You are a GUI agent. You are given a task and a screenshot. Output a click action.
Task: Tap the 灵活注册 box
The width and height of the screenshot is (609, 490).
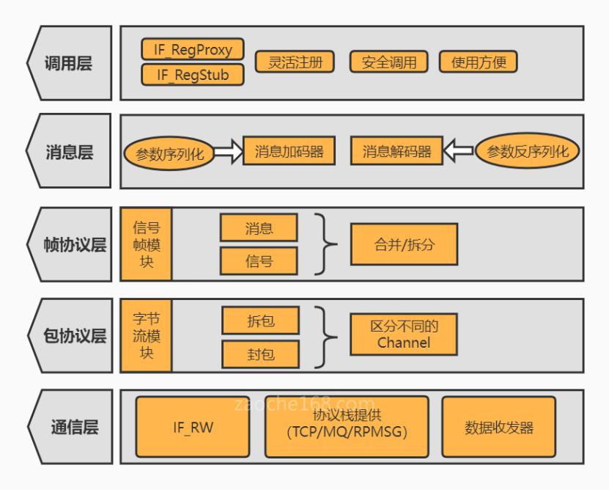tap(294, 62)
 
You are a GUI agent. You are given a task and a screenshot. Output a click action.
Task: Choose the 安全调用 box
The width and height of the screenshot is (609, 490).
tap(388, 62)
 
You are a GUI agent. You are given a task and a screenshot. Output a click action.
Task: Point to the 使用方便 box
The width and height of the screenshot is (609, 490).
tap(479, 62)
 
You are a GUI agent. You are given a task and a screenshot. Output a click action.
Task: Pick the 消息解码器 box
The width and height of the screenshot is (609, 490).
tap(396, 152)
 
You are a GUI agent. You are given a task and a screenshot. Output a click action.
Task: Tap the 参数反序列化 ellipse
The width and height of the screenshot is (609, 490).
tap(527, 152)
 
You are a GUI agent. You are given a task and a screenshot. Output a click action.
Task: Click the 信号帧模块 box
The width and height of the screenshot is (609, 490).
tap(147, 244)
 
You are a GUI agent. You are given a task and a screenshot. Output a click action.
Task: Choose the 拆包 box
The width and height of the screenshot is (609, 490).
tap(259, 320)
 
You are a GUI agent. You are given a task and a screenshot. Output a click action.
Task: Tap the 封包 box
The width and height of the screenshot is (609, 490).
tap(259, 354)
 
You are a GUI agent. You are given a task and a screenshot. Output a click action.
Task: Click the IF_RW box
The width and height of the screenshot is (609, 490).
tap(193, 428)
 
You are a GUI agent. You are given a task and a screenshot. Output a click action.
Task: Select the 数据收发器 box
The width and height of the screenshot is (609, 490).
tap(498, 428)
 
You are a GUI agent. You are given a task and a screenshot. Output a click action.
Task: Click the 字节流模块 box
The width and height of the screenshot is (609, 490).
tap(147, 335)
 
